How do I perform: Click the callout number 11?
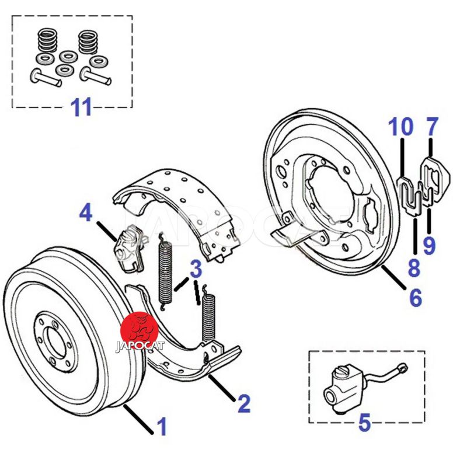click(x=82, y=107)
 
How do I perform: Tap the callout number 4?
click(x=86, y=212)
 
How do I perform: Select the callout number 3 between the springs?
click(x=196, y=269)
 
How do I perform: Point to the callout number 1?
click(x=162, y=427)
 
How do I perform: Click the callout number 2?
click(x=243, y=403)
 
